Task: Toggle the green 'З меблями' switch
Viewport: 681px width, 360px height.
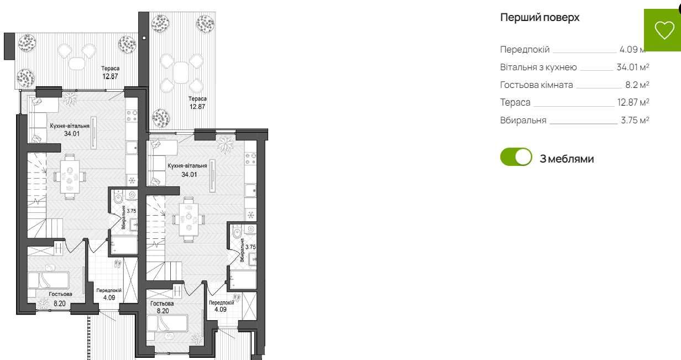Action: coord(516,157)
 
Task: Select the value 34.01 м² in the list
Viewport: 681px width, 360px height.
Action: coord(632,67)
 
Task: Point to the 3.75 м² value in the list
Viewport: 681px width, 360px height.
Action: coord(635,120)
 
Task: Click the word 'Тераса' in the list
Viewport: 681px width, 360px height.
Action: coord(515,102)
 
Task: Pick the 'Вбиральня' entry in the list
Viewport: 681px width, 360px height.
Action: coord(523,120)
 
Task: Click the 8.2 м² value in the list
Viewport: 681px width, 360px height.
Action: coord(637,85)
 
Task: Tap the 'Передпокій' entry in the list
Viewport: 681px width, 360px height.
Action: coord(525,50)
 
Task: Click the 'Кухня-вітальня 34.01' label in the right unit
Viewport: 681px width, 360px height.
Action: coord(187,169)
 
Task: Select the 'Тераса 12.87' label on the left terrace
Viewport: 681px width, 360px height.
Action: coord(110,72)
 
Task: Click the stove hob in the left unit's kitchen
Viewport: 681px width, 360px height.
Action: coord(132,116)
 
